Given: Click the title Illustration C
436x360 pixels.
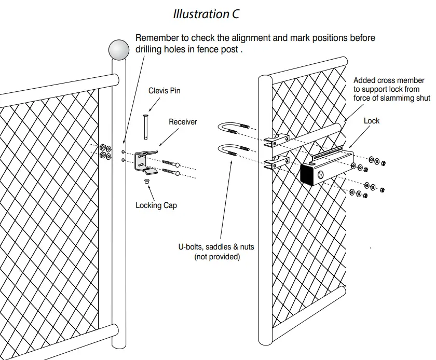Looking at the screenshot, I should [206, 14].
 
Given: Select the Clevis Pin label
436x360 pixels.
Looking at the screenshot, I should [165, 91].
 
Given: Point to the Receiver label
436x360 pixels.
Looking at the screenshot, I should [183, 122].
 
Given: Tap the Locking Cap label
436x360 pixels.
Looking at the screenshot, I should [156, 205].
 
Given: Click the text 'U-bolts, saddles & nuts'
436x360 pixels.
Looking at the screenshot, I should [216, 247].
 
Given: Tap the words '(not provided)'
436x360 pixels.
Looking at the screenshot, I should [217, 257].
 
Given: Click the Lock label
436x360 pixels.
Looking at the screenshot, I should [372, 121].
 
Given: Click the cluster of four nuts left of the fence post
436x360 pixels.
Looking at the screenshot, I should [104, 150].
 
